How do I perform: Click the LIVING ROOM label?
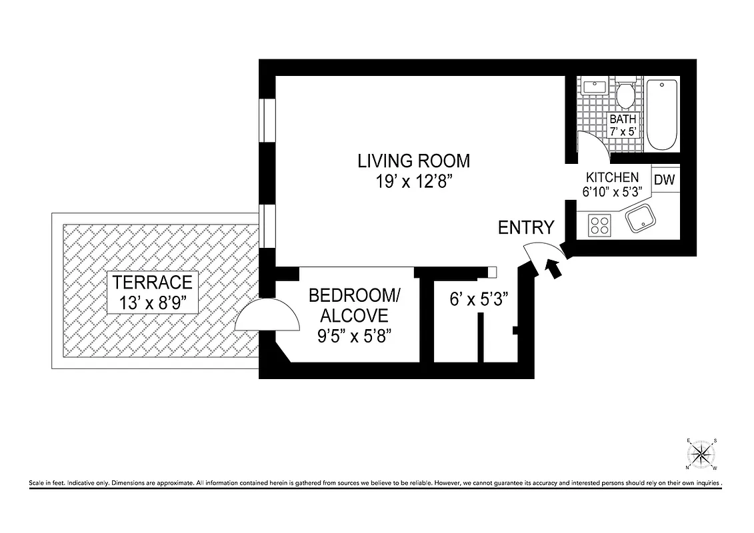tap(413, 161)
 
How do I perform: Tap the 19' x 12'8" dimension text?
tap(413, 181)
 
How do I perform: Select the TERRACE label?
tap(152, 282)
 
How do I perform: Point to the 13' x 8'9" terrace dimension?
tap(152, 302)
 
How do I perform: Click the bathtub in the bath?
tap(662, 115)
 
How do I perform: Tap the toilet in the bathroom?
tap(625, 96)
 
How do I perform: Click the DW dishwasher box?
tap(664, 180)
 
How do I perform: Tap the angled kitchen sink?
tap(640, 219)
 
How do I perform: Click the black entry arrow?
tap(553, 268)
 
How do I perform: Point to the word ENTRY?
tap(526, 228)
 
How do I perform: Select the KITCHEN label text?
tap(612, 178)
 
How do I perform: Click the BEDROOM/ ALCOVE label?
tap(355, 304)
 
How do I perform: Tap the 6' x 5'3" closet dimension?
tap(479, 299)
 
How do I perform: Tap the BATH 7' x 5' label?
tap(623, 125)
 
